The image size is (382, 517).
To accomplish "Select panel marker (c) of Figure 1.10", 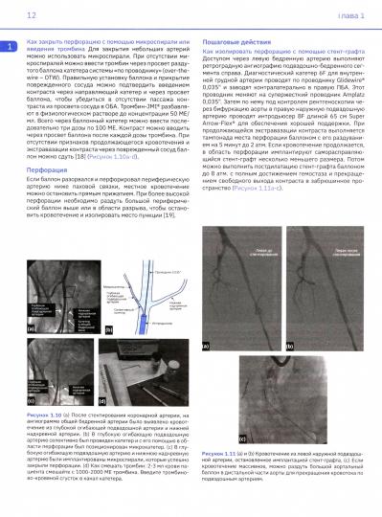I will pyautogui.click(x=32, y=428).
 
